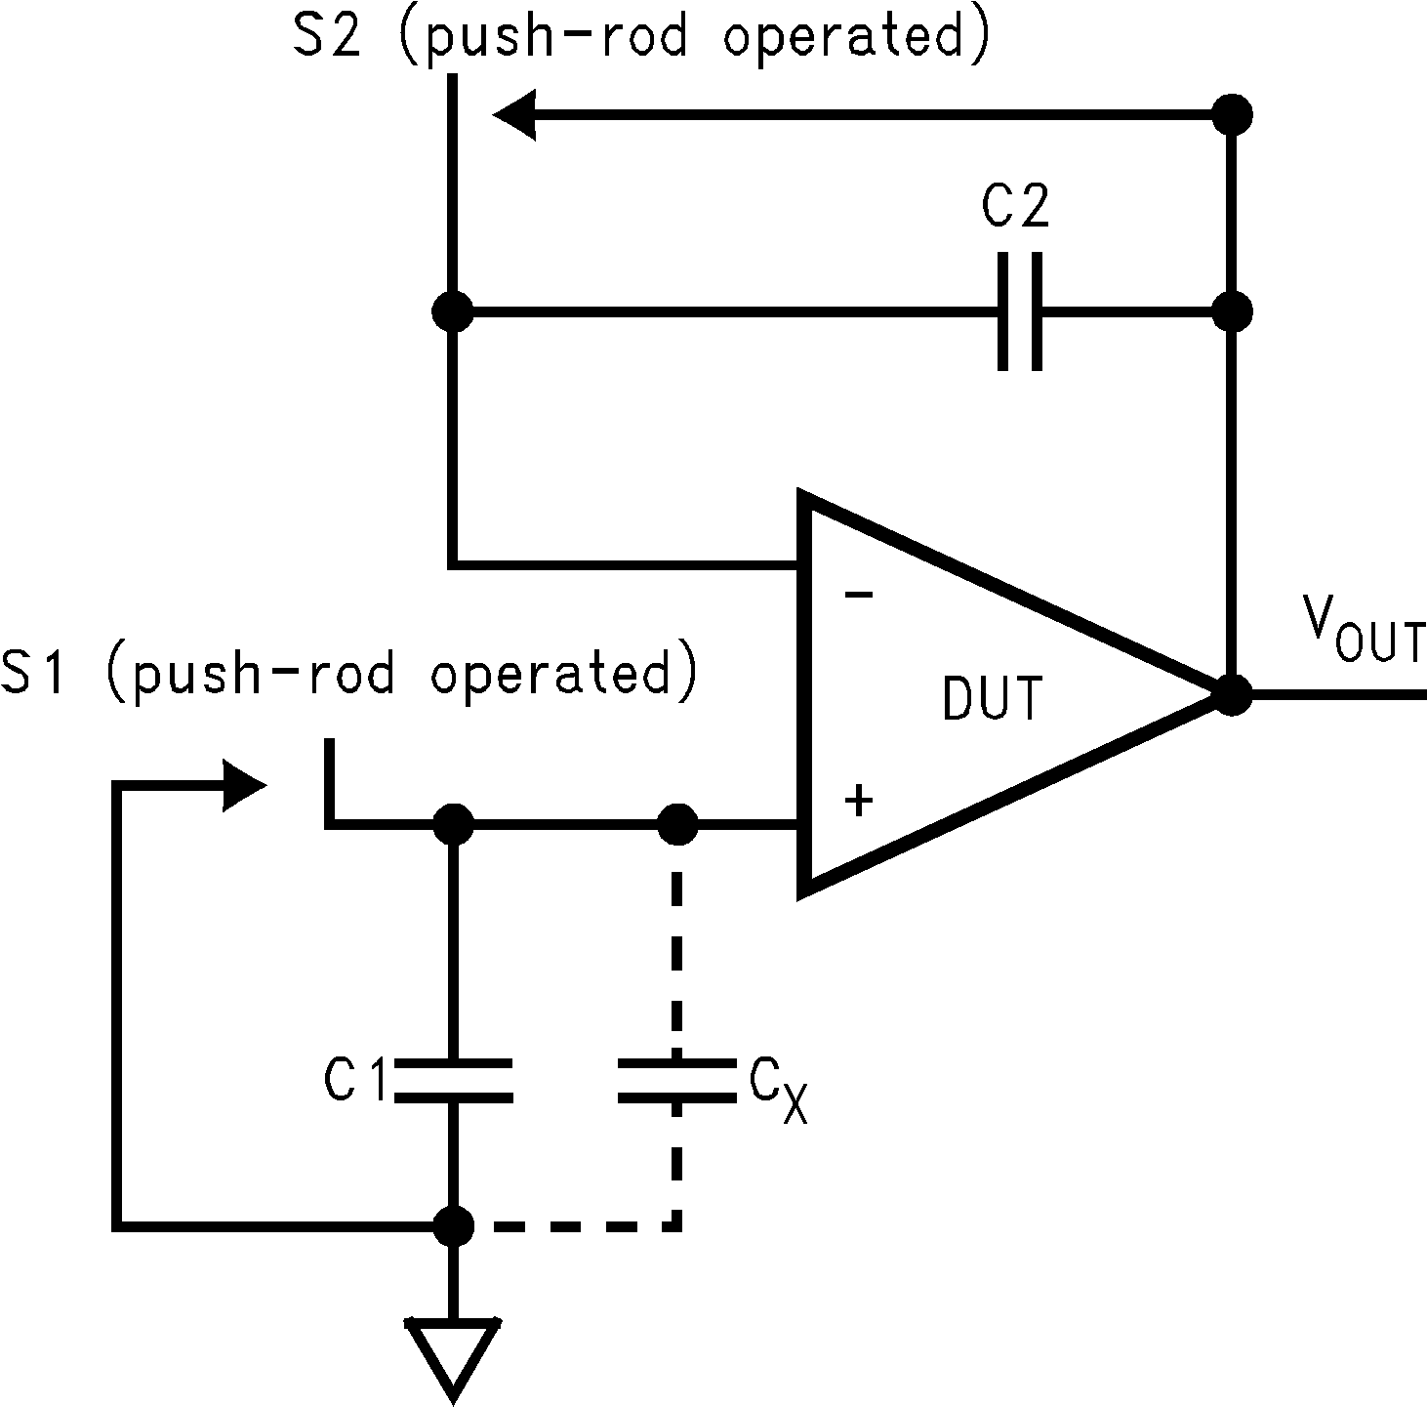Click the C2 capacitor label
pyautogui.click(x=1015, y=206)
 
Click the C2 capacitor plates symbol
pyautogui.click(x=1020, y=312)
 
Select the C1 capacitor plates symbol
pyautogui.click(x=453, y=1080)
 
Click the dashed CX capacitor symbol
pyautogui.click(x=676, y=1080)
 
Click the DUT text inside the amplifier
pyautogui.click(x=992, y=699)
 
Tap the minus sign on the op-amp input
pyautogui.click(x=858, y=594)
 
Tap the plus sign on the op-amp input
pyautogui.click(x=859, y=802)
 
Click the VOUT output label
pyautogui.click(x=1364, y=635)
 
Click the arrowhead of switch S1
pyautogui.click(x=244, y=784)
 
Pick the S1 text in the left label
pyautogui.click(x=34, y=674)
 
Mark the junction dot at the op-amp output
pyautogui.click(x=1232, y=694)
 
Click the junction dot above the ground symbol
pyautogui.click(x=453, y=1224)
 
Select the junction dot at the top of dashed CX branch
pyautogui.click(x=676, y=825)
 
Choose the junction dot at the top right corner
pyautogui.click(x=1232, y=115)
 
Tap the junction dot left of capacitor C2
pyautogui.click(x=453, y=312)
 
